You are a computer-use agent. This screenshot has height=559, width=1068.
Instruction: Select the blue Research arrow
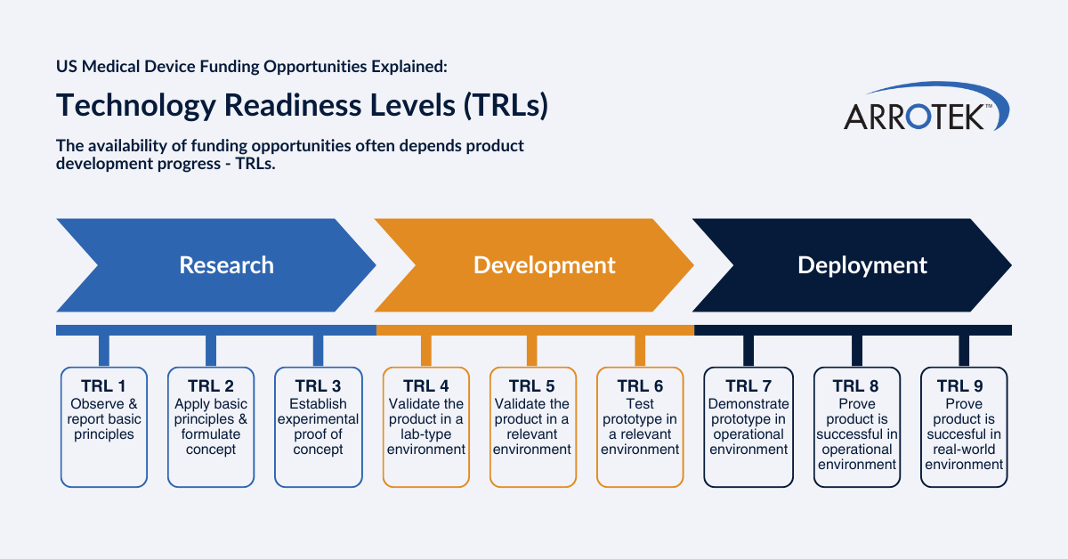(214, 265)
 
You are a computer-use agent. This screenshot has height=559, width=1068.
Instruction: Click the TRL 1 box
(104, 426)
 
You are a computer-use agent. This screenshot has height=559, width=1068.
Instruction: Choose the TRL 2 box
(211, 426)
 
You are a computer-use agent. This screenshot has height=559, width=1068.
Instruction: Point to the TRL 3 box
(318, 426)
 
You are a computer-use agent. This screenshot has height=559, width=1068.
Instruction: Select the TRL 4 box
(426, 426)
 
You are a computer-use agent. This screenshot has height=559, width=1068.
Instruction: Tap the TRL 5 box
(531, 426)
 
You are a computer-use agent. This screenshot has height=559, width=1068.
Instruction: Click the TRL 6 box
(640, 426)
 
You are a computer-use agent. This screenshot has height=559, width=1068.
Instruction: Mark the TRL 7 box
(748, 426)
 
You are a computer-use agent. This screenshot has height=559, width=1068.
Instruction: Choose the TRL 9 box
(964, 426)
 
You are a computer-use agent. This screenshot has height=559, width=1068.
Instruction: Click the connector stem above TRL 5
(532, 351)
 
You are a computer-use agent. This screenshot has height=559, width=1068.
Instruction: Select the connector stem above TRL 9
(964, 351)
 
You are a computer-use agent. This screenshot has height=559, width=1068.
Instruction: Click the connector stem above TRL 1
(104, 351)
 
